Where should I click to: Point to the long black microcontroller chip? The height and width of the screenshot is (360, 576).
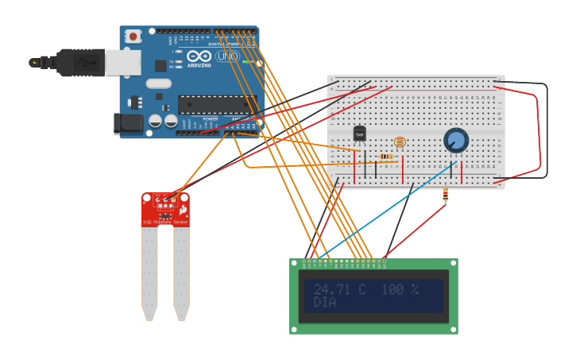(217, 103)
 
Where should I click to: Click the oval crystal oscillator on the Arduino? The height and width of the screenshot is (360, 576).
(158, 83)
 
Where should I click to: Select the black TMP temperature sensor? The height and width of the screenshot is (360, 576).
(359, 134)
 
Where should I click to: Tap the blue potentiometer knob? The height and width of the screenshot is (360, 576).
(456, 141)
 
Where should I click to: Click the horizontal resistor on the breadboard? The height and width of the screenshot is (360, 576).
(386, 157)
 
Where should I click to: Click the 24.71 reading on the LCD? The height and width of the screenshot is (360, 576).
(332, 289)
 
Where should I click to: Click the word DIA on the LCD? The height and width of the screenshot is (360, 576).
(325, 303)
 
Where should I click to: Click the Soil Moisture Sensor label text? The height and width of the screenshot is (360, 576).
(164, 222)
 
